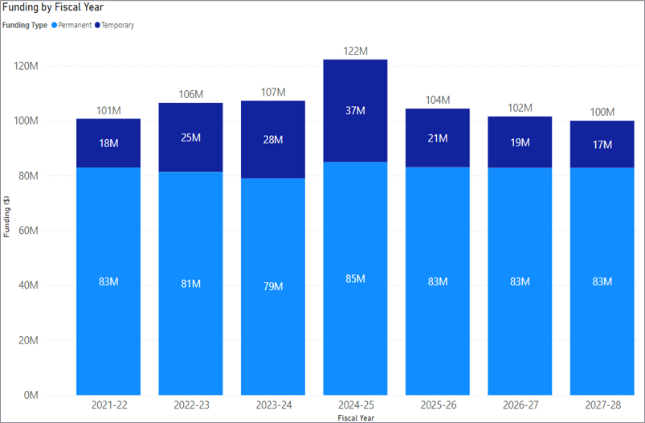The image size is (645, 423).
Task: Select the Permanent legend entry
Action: tap(75, 25)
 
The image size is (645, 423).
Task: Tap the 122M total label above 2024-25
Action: tap(355, 51)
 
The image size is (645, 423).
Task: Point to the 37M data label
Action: tap(355, 111)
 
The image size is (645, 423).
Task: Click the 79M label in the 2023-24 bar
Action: tap(273, 286)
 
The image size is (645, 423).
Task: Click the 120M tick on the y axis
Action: tap(27, 66)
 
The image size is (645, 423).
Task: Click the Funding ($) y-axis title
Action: tap(7, 216)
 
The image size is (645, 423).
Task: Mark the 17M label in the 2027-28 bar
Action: tap(602, 145)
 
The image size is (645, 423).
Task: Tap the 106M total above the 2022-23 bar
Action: tap(190, 94)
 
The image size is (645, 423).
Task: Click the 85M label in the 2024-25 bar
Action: tap(355, 278)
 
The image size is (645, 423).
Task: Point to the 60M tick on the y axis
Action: tap(27, 231)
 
